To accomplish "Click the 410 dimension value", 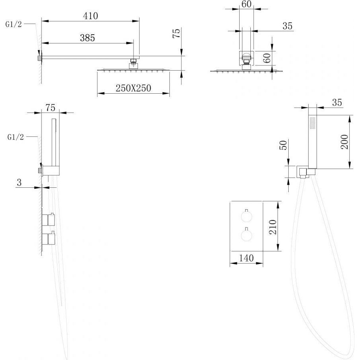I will click(90, 16).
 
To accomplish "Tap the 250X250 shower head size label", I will click(133, 88).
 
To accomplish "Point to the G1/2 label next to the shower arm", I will click(14, 24).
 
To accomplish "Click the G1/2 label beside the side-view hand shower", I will click(16, 137).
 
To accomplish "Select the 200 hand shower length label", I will click(345, 142).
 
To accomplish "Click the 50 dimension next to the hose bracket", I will click(283, 145).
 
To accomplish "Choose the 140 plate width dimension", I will click(246, 258).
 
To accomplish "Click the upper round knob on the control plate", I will click(246, 216).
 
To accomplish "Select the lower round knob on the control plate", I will click(246, 236).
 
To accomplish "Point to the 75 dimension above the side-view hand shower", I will click(50, 108).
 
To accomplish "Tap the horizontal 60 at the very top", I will click(246, 4).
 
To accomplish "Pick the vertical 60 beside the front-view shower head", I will click(267, 58).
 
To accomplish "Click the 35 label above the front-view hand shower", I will click(337, 102).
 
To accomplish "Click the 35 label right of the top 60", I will click(287, 26).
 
